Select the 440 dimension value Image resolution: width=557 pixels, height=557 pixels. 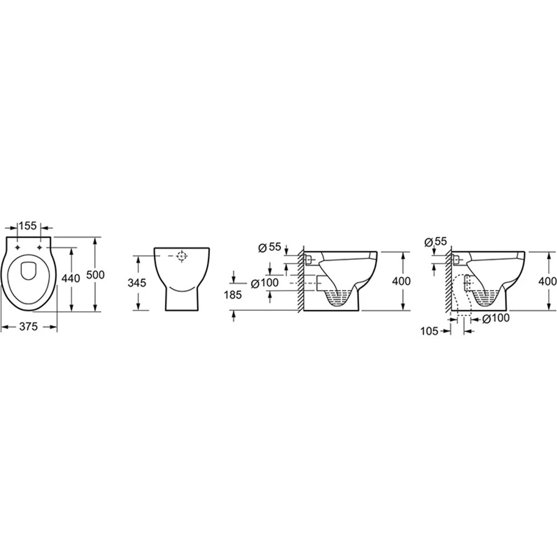click(71, 279)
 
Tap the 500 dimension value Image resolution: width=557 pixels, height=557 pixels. click(96, 275)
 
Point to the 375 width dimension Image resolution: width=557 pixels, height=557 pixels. click(28, 326)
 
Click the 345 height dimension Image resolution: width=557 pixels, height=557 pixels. click(137, 283)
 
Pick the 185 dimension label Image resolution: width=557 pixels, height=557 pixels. click(233, 295)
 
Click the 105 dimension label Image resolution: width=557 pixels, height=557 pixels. click(429, 331)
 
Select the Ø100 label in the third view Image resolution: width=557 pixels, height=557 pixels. click(265, 283)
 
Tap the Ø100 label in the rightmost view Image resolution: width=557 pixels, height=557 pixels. click(496, 318)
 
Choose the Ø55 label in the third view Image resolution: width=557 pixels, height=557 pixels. click(270, 247)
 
